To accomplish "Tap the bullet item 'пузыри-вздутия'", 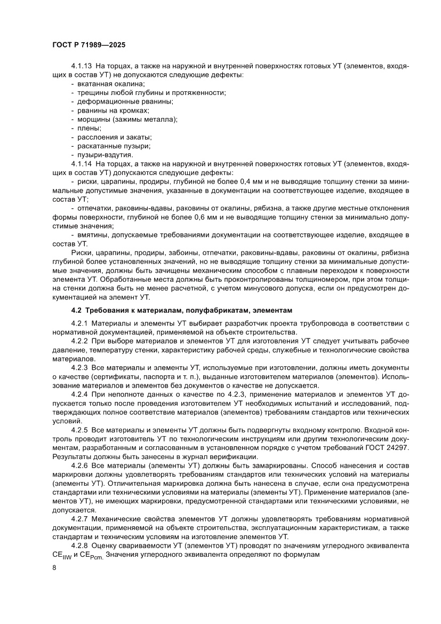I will point(105,155).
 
